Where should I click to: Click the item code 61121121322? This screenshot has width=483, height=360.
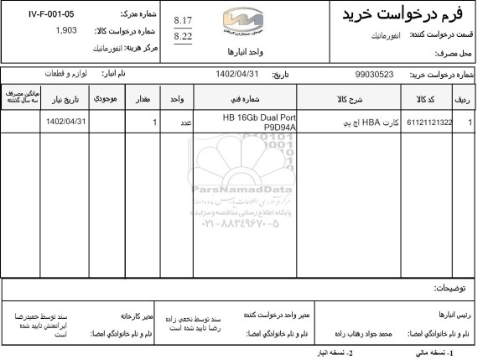429,123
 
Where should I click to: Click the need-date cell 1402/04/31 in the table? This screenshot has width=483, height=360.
66,123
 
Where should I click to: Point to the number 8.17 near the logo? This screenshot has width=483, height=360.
182,20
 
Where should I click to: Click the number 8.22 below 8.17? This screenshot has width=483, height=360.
182,38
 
